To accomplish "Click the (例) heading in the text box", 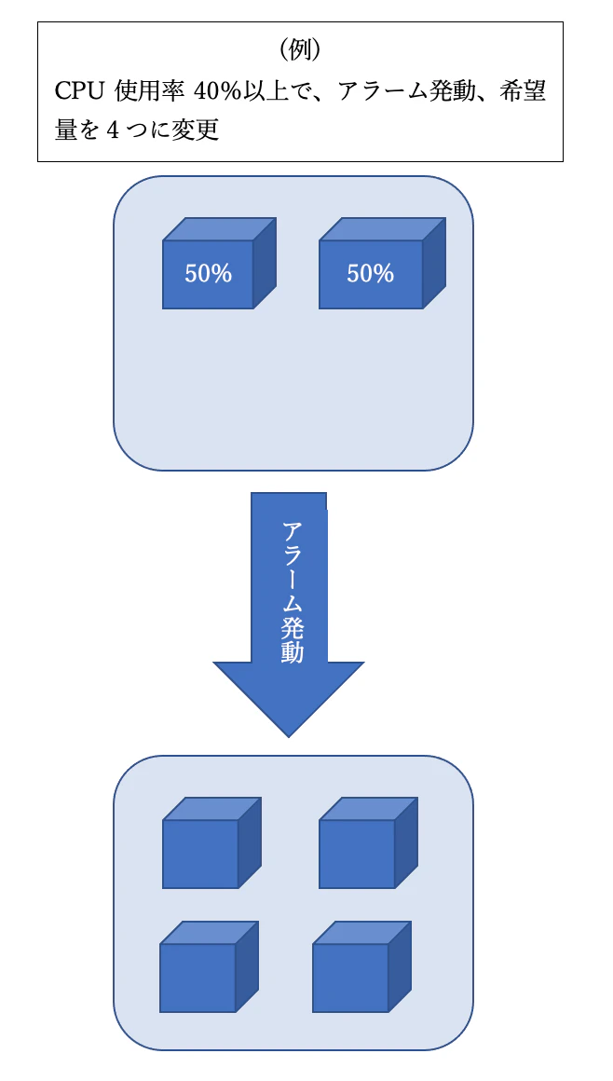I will pyautogui.click(x=301, y=49).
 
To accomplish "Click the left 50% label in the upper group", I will pyautogui.click(x=208, y=274).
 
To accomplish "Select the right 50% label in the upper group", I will pyautogui.click(x=370, y=274).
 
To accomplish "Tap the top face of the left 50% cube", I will pyautogui.click(x=220, y=229).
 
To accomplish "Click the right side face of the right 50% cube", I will pyautogui.click(x=433, y=264).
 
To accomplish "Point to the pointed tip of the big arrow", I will pyautogui.click(x=289, y=732).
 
